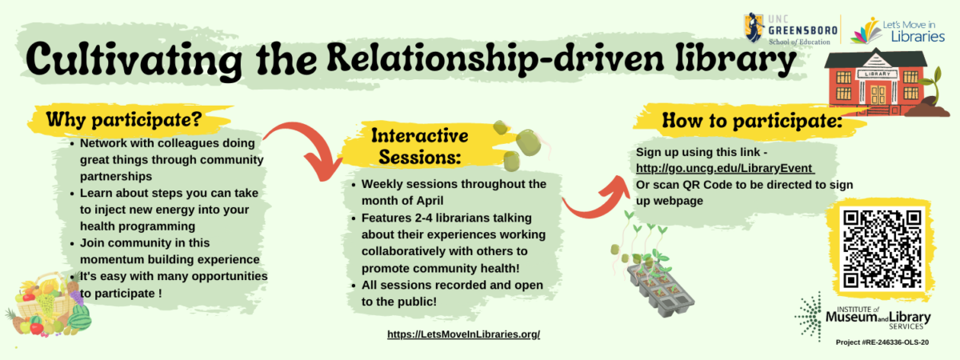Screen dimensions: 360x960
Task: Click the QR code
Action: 882,248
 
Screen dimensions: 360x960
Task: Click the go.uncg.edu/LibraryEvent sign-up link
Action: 725,168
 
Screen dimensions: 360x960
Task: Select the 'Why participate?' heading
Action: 122,120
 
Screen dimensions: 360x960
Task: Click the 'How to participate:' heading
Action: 752,123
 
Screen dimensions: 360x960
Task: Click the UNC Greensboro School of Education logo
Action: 790,29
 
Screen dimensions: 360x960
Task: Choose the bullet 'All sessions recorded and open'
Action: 452,286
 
